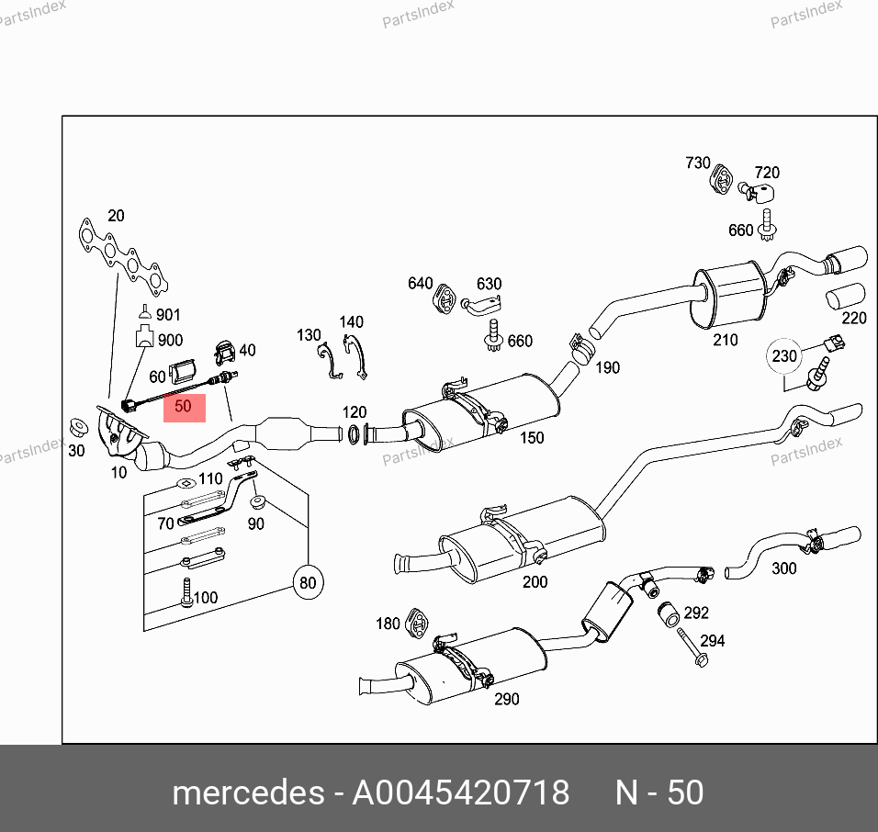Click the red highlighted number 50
point(185,407)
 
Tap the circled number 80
point(308,583)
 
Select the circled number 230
point(784,356)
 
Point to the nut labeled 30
point(78,428)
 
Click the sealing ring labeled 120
point(354,434)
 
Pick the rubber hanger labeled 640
point(445,298)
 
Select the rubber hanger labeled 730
point(721,178)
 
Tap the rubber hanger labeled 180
point(417,622)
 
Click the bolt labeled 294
point(692,646)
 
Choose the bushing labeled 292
point(669,613)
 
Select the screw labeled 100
point(186,592)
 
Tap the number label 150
point(532,437)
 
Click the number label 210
point(726,340)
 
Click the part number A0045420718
point(460,793)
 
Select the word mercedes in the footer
point(248,793)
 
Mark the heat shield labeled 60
point(183,371)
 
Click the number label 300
point(784,568)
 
